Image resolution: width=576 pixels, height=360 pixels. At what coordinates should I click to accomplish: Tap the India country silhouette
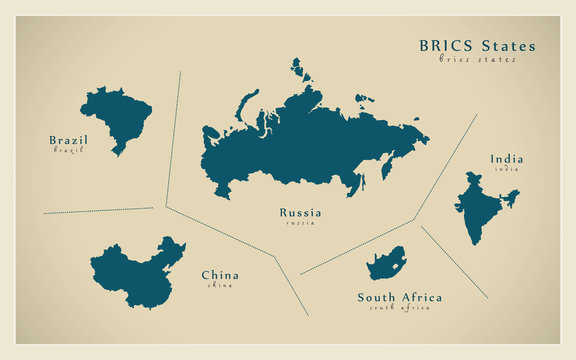(x=479, y=205)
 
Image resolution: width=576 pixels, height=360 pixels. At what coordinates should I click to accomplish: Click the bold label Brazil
(x=68, y=140)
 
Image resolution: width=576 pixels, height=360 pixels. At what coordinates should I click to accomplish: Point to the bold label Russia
(x=300, y=212)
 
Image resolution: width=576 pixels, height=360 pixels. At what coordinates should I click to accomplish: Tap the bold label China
(x=220, y=275)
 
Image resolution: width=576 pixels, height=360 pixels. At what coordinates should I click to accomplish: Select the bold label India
(x=506, y=158)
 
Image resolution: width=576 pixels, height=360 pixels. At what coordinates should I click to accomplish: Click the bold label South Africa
(x=399, y=297)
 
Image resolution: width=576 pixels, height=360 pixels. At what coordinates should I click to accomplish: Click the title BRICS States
(x=476, y=46)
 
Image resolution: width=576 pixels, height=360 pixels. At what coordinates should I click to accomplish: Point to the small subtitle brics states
(x=478, y=59)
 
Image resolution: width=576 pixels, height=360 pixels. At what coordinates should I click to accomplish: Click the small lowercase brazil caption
(x=68, y=150)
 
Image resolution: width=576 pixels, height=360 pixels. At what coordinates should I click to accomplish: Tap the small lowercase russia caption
(x=300, y=222)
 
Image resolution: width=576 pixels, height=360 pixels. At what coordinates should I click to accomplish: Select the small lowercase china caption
(x=220, y=285)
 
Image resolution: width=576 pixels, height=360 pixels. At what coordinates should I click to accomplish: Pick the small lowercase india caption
(x=506, y=168)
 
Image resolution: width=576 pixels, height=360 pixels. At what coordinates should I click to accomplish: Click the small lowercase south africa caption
(x=399, y=307)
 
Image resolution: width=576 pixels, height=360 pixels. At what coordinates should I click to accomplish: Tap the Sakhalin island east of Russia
(x=386, y=166)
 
